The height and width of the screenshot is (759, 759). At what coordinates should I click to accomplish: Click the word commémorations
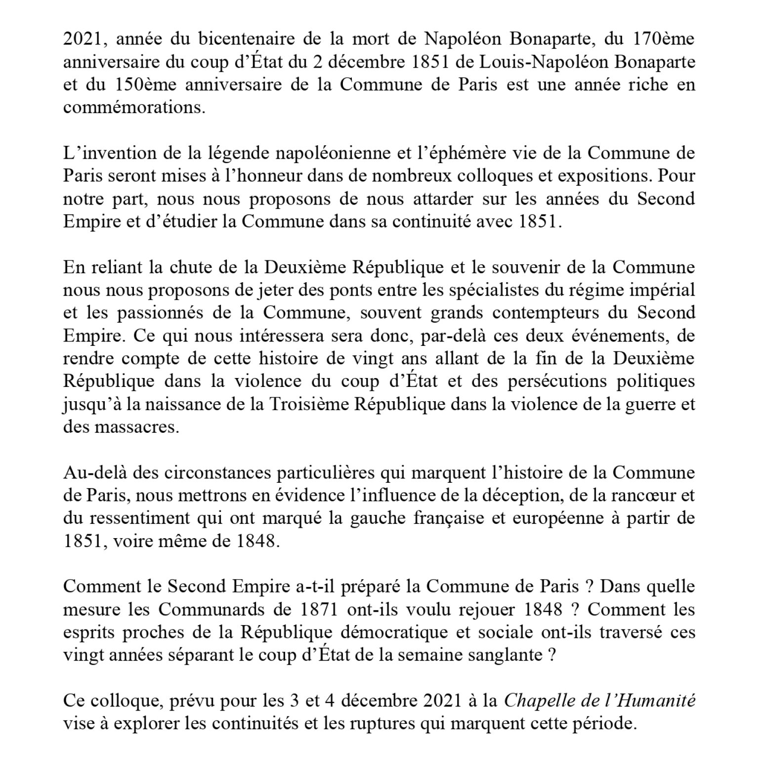pyautogui.click(x=134, y=108)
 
